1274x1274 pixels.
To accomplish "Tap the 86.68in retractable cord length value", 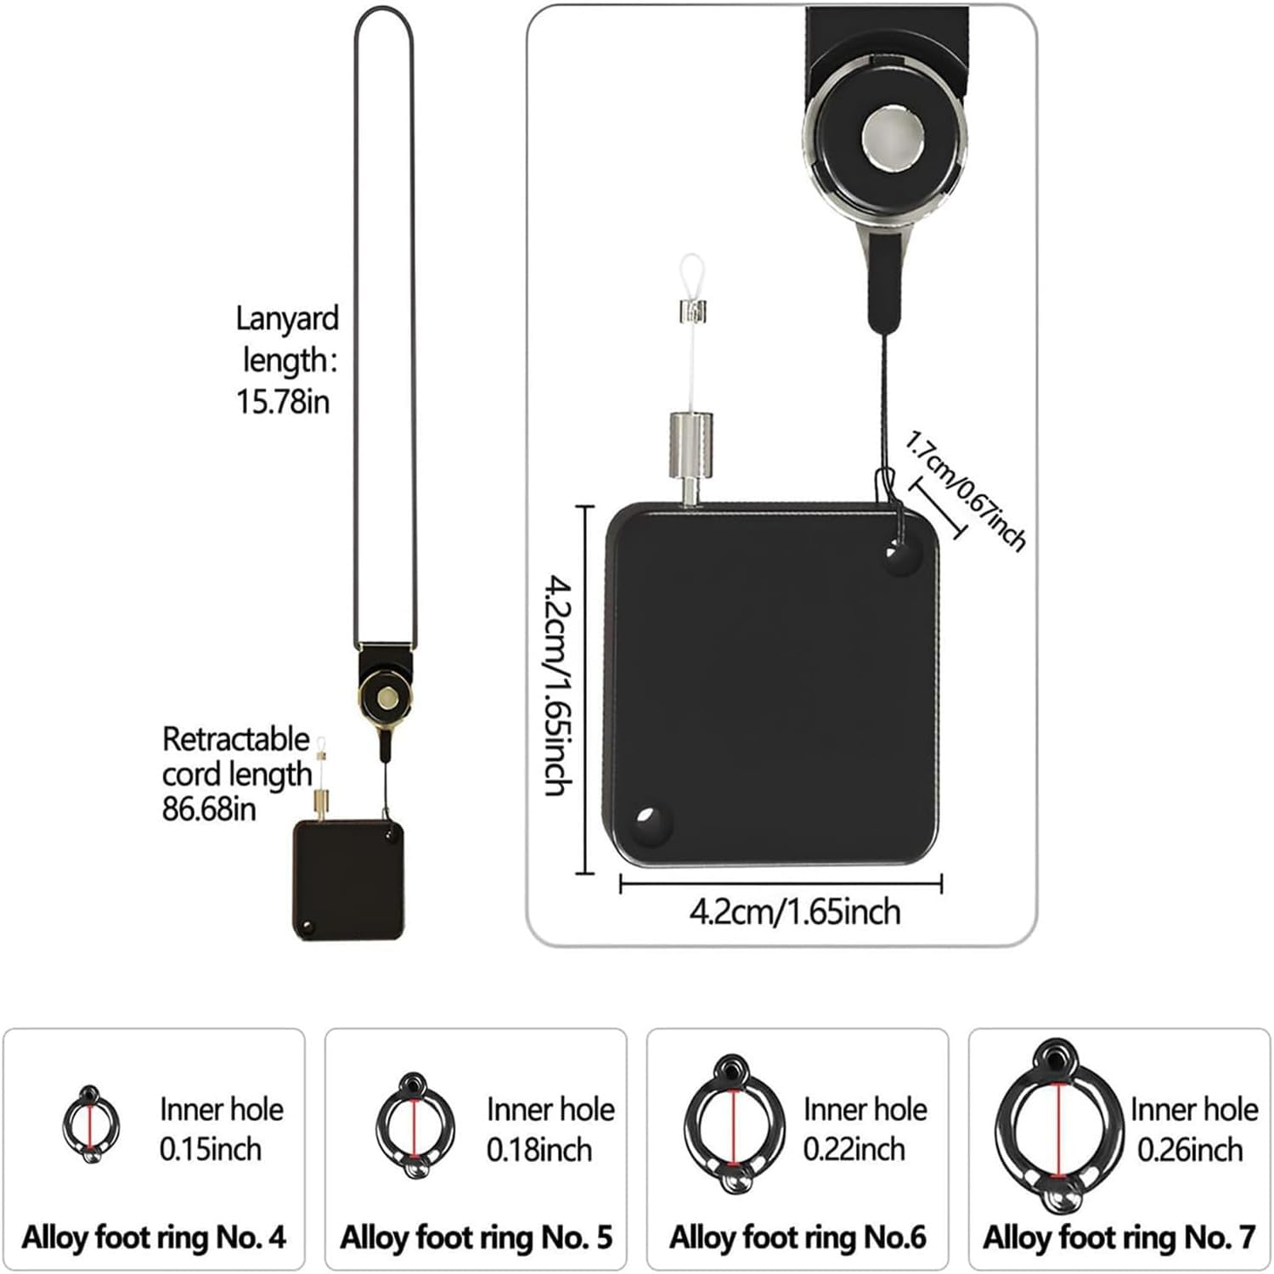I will coord(209,809).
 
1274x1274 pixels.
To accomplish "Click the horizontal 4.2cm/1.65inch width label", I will coord(794,912).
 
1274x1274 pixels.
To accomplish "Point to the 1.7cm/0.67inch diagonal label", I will coord(966,490).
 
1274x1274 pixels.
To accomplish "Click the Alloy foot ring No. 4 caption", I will coord(154,1237).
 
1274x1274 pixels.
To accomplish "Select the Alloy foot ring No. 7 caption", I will coord(1119,1237).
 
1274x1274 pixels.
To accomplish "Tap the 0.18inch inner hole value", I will coord(538,1150).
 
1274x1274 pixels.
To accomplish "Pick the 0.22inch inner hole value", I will coord(854,1149).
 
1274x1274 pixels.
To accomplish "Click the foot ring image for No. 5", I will coord(414,1126).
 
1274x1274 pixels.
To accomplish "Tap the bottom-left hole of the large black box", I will coord(650,822).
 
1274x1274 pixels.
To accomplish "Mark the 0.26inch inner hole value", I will coord(1190,1149).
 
